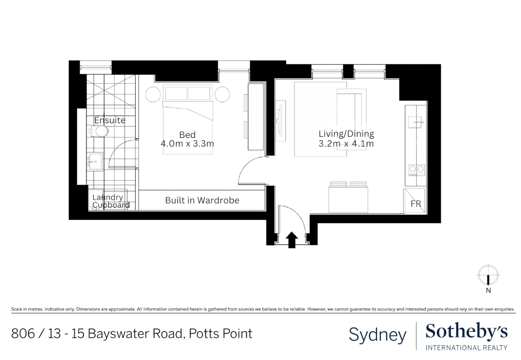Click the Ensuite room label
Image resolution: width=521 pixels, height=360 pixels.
109,120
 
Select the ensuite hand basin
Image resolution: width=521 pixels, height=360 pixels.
95,162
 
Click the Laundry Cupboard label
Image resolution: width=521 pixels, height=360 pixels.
110,201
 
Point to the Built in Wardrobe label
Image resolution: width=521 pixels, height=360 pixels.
202,200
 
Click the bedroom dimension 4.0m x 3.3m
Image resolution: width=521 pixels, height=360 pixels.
187,144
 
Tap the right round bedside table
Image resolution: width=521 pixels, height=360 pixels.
222,94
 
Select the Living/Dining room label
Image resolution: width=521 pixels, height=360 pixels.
346,134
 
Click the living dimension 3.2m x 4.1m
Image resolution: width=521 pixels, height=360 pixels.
346,144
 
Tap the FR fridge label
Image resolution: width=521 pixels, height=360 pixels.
416,204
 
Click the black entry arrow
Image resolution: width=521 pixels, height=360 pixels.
292,240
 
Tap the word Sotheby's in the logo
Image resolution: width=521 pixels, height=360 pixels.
466,332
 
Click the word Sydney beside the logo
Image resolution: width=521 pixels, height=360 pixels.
378,335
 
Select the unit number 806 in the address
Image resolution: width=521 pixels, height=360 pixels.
23,333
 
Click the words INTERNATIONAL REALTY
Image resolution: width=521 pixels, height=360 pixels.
466,348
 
